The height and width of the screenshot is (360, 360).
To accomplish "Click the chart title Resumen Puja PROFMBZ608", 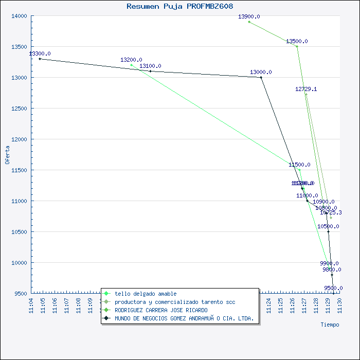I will click(179, 6).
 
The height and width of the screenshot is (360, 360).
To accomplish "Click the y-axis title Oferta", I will click(7, 154).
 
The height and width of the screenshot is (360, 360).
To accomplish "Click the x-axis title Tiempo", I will click(330, 325).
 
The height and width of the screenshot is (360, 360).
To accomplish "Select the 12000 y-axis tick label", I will click(20, 139).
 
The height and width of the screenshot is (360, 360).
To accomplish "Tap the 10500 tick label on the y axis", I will click(20, 232).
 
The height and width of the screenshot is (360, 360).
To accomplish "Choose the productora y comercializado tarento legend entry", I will click(175, 302).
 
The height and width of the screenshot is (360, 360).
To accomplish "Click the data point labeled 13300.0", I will click(40, 59).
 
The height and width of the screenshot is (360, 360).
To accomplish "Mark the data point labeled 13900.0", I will click(249, 22).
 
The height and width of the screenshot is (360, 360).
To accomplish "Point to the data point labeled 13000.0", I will click(261, 77).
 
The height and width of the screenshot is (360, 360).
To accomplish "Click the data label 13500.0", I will click(297, 41).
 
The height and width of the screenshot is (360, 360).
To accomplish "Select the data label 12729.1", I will click(306, 89).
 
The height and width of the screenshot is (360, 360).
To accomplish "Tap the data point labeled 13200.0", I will click(132, 65).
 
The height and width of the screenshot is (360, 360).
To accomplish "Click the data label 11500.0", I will click(299, 165).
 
